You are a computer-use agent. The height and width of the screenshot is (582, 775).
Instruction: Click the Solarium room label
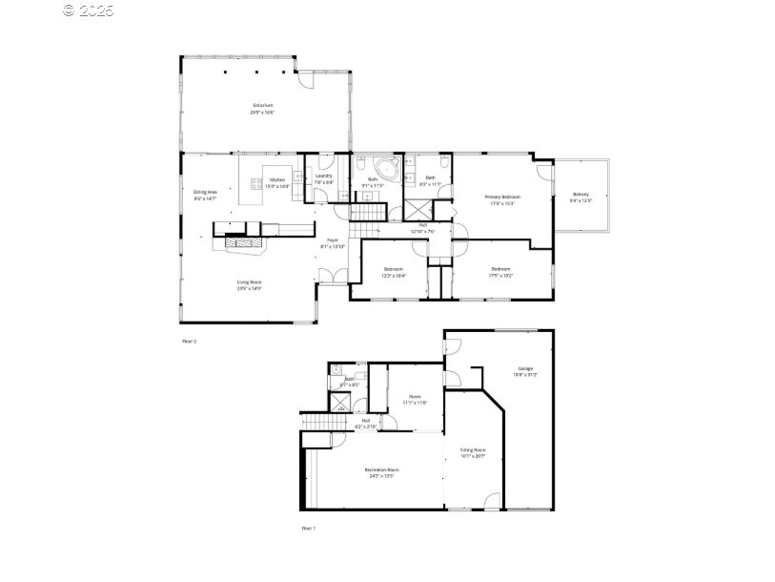(x=263, y=107)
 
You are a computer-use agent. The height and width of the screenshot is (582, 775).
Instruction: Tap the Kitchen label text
(x=277, y=180)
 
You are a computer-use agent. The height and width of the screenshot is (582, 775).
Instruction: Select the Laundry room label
(x=323, y=177)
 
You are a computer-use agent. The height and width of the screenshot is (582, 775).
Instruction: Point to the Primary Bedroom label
(x=503, y=198)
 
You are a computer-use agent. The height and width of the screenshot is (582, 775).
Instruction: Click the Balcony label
(x=581, y=197)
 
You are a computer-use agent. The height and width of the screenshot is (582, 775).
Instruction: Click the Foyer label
(x=333, y=242)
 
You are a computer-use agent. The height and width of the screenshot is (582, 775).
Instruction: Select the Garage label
(x=525, y=370)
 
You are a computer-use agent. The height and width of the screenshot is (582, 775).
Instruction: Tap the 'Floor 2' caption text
(x=188, y=340)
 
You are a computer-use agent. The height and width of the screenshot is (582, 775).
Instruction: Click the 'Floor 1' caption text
(x=308, y=527)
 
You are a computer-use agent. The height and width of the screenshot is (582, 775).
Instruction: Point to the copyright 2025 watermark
(x=88, y=10)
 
